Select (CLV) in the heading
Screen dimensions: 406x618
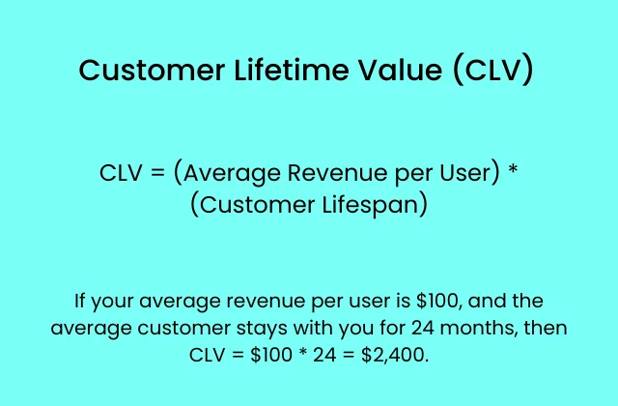pyautogui.click(x=492, y=72)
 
